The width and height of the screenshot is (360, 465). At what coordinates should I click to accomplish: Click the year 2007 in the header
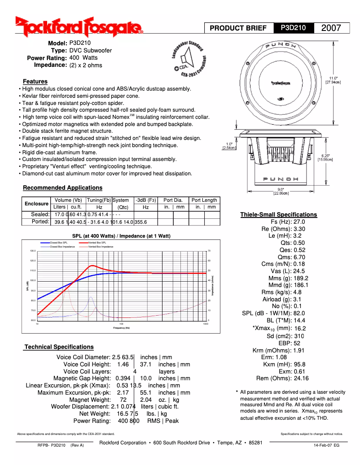coord(331,28)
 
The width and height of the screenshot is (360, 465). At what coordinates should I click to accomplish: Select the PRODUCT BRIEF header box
coord(238,28)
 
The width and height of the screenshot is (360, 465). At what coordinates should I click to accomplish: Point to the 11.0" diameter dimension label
coord(333,80)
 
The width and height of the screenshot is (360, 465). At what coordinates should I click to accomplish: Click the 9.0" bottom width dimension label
coord(281,191)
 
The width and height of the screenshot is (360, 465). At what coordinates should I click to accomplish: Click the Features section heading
coord(35,82)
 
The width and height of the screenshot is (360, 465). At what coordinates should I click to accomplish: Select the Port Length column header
coord(204,200)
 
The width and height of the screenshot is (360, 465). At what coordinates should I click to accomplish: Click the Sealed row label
coord(40,214)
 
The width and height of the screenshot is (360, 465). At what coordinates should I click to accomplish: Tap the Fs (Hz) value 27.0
coord(299,222)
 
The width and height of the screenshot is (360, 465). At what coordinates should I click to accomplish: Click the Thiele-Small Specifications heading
coord(278,215)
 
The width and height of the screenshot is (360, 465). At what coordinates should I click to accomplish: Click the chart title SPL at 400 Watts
coord(121,236)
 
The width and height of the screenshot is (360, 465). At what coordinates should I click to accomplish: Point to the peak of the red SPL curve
coord(92,265)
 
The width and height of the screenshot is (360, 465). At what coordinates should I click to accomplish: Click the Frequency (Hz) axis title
coord(121,328)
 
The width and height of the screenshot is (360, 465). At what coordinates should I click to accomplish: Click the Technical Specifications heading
coord(59,347)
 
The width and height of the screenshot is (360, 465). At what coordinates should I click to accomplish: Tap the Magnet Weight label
coord(90,400)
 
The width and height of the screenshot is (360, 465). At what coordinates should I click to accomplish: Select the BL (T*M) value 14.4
coord(299,321)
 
